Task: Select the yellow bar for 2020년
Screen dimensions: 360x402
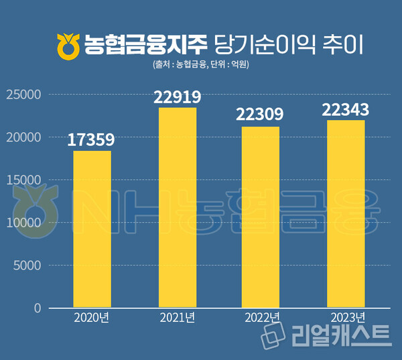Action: [92, 229]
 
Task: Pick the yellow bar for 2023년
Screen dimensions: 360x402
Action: [346, 214]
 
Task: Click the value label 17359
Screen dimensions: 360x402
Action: [92, 140]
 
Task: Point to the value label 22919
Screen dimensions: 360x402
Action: [177, 97]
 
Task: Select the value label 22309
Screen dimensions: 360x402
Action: [260, 115]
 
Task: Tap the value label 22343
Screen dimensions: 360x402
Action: [346, 109]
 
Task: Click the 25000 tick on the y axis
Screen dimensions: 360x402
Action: [24, 95]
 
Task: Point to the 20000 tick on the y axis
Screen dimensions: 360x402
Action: [24, 137]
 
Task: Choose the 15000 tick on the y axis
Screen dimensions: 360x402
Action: [24, 180]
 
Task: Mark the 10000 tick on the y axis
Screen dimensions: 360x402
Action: [24, 223]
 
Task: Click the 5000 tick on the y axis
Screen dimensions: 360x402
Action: [27, 265]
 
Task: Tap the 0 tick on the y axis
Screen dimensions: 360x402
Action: [38, 308]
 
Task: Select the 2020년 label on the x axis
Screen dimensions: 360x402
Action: [92, 317]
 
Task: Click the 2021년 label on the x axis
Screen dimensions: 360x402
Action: [178, 317]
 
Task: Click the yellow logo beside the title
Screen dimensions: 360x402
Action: [68, 45]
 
